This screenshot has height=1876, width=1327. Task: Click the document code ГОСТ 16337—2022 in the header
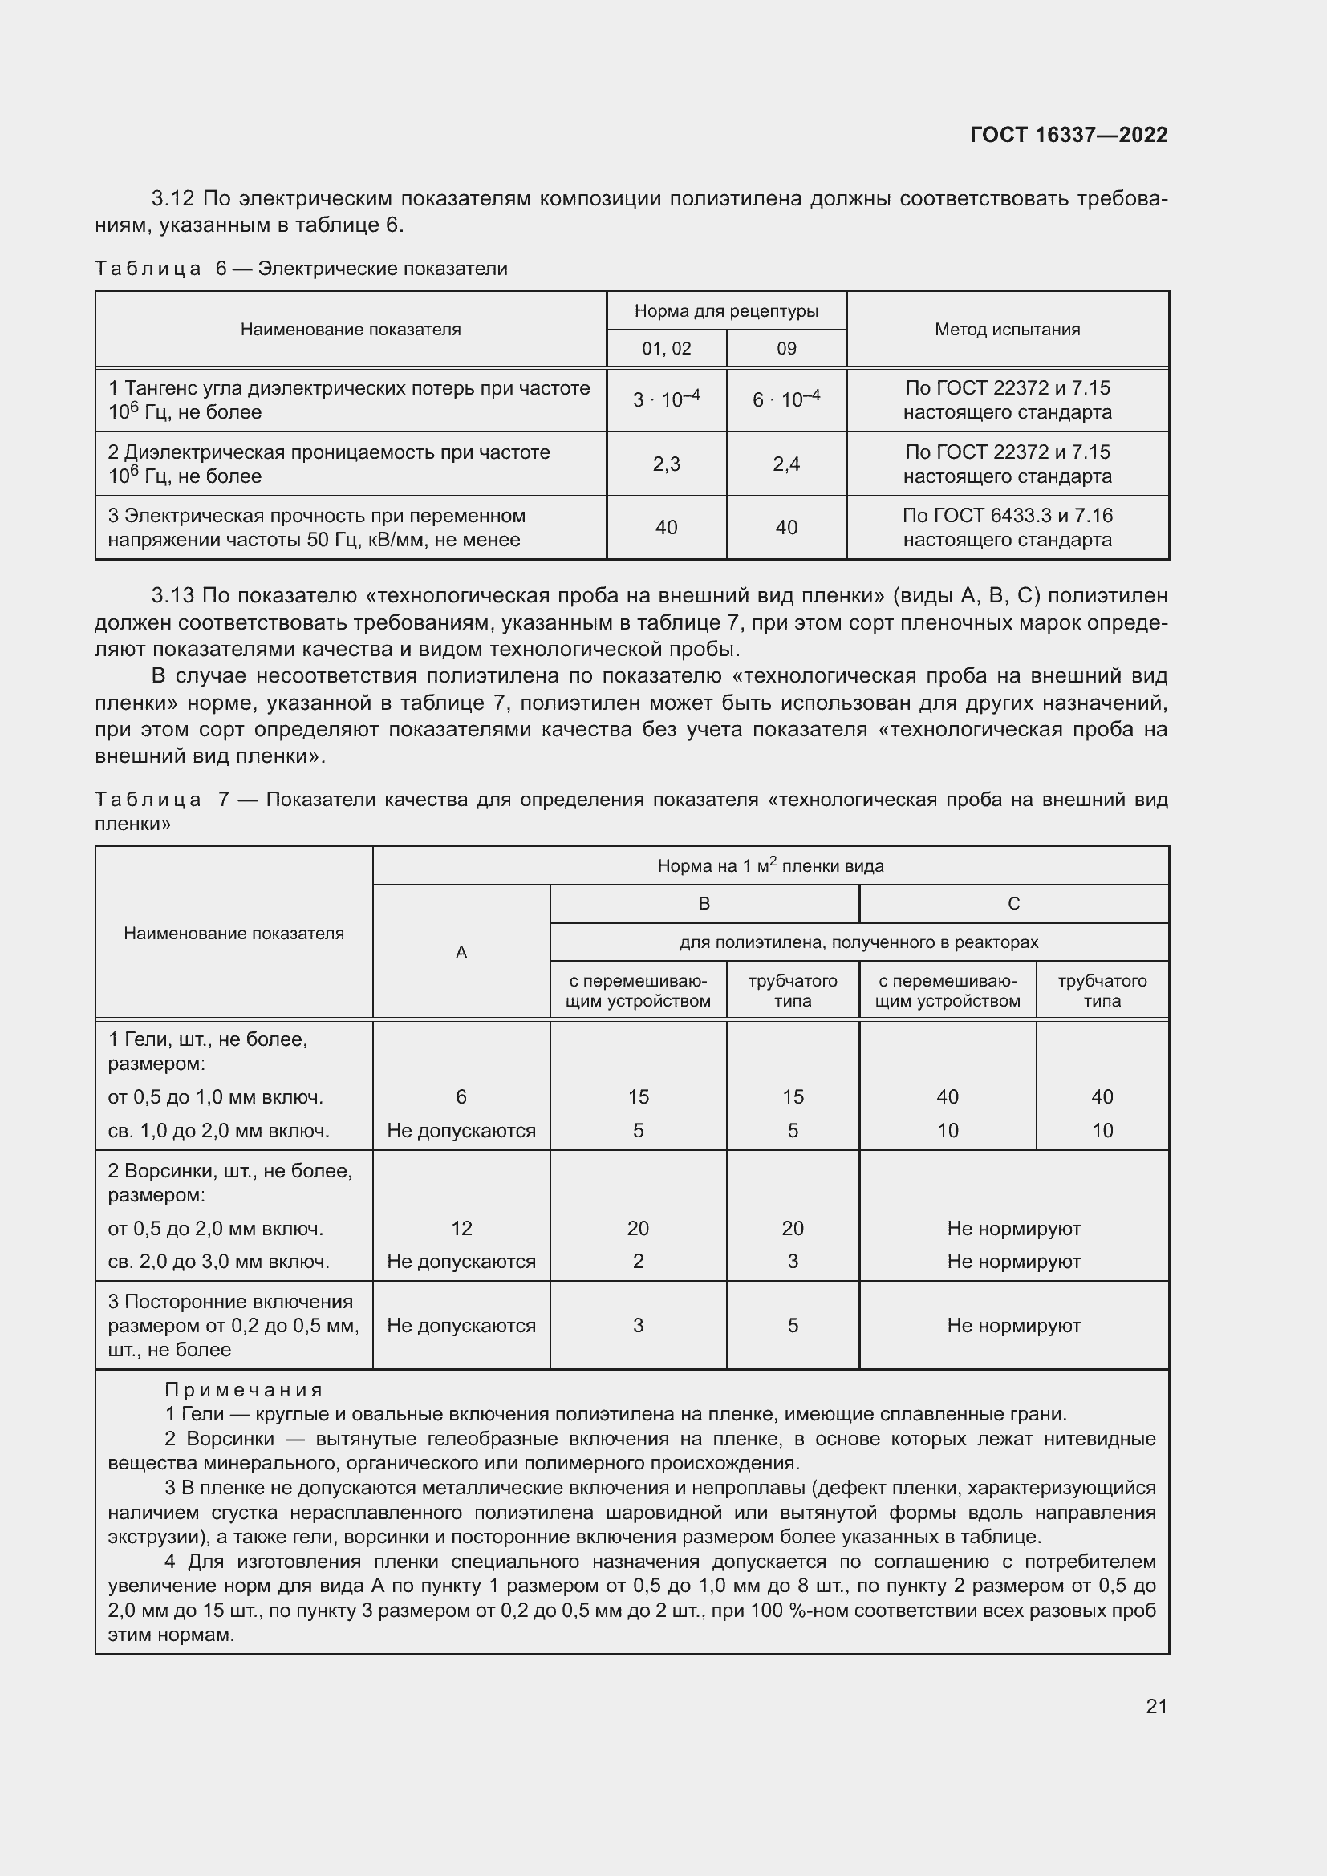[x=1068, y=135]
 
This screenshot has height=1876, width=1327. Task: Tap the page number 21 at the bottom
[x=1156, y=1706]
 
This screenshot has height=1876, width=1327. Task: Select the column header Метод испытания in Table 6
[x=1007, y=330]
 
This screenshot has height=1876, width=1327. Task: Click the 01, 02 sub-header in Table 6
[x=666, y=349]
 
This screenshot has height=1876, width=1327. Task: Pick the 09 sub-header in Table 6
[x=786, y=349]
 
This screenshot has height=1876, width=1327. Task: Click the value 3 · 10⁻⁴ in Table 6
[x=666, y=399]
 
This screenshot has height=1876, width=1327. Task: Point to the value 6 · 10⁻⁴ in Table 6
[x=786, y=399]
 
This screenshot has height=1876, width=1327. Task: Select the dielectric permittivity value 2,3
[x=666, y=464]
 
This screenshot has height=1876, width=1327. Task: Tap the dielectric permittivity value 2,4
[x=786, y=464]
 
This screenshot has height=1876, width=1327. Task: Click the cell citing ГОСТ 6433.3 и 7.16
[x=1007, y=527]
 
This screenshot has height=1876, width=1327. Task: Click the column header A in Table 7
[x=461, y=953]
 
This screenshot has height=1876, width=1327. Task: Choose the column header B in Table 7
[x=704, y=904]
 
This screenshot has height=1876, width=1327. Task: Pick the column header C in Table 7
[x=1013, y=904]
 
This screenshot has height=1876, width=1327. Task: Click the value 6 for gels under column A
[x=461, y=1096]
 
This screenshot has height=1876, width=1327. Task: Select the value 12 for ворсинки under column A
[x=461, y=1228]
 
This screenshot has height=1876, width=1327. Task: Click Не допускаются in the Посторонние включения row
[x=461, y=1325]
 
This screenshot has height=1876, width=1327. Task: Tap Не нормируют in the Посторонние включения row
[x=1013, y=1325]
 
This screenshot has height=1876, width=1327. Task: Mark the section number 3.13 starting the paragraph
[x=172, y=596]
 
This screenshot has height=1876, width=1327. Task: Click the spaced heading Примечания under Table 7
[x=244, y=1390]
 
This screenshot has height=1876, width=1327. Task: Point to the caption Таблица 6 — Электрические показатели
[x=301, y=269]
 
